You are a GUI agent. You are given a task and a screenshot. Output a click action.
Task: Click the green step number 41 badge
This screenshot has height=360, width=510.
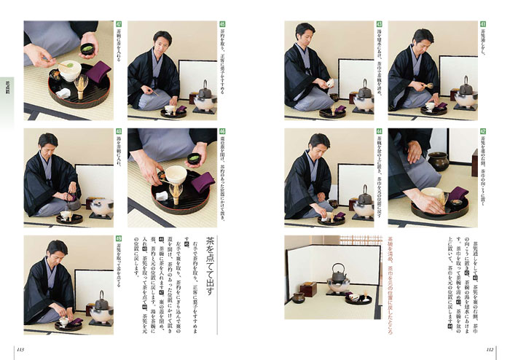(x=483, y=24)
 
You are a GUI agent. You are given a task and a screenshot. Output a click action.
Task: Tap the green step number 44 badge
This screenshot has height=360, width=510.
(x=379, y=133)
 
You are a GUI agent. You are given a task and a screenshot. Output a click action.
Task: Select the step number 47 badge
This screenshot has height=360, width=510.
(x=119, y=24)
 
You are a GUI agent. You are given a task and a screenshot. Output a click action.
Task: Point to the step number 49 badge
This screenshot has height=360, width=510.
(x=119, y=240)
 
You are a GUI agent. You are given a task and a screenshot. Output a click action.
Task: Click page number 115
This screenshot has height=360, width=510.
(x=20, y=348)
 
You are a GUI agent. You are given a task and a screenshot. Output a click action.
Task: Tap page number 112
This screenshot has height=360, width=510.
(x=490, y=348)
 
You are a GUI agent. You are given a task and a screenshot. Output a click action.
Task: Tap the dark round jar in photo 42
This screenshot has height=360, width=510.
(x=439, y=161)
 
